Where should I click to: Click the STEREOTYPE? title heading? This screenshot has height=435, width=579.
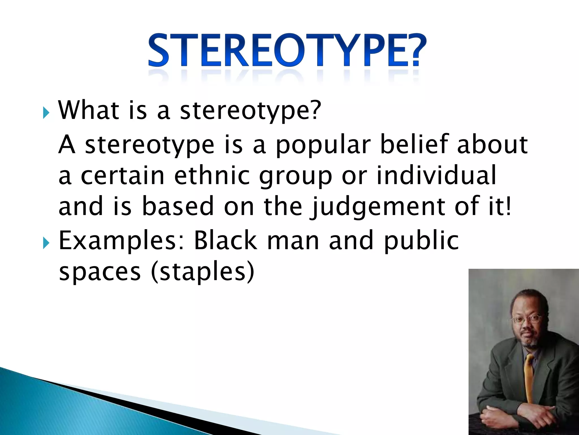287,51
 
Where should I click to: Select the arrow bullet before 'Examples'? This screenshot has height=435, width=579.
46,243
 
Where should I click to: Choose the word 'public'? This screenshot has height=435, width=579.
421,241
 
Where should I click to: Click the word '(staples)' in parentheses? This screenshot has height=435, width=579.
203,272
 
